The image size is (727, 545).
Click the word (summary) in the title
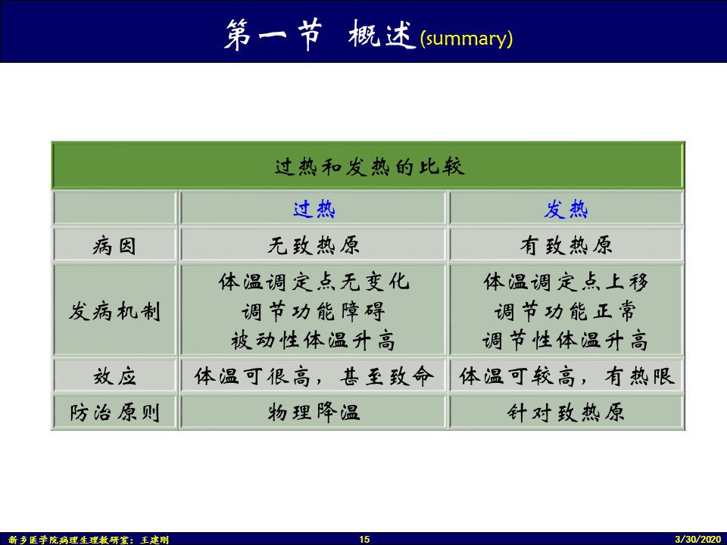pos(466,38)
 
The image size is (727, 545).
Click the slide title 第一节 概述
pos(320,34)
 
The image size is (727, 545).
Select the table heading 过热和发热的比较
pos(370,167)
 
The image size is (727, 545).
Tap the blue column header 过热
pos(314,209)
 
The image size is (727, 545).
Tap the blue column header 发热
pos(566,209)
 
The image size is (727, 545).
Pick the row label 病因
pos(114,245)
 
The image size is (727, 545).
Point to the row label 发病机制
pos(114,311)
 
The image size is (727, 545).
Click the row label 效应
pos(114,376)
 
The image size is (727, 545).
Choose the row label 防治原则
pos(114,413)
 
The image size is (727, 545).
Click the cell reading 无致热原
pos(314,245)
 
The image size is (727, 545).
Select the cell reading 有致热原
pos(566,245)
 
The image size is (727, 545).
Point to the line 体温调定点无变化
pos(314,282)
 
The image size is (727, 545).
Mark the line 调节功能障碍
pos(314,311)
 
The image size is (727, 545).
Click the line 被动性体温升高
pos(314,341)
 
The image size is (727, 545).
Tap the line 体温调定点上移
pos(566,282)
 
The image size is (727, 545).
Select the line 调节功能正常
pos(566,311)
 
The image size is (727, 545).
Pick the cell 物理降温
pos(314,413)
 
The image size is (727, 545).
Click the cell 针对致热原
pos(566,413)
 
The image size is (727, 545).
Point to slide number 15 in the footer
pos(364,539)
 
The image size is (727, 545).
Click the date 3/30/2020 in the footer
pos(698,539)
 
